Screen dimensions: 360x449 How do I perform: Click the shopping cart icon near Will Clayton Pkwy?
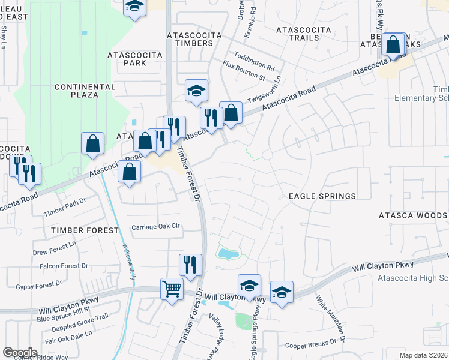pos(172,290)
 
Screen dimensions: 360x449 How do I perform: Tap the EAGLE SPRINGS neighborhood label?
pos(322,196)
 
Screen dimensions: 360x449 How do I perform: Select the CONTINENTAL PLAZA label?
pos(85,91)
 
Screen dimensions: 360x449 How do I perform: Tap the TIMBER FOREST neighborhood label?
pos(85,230)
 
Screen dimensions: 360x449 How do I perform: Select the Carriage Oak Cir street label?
pos(156,227)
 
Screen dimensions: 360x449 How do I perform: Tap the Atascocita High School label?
pos(414,278)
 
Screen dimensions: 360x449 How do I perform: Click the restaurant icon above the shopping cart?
pos(190,265)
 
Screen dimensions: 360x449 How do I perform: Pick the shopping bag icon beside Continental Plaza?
pos(92,143)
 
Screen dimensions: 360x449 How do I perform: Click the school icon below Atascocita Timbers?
pos(196,91)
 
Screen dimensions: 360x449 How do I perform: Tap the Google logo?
pos(20,353)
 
